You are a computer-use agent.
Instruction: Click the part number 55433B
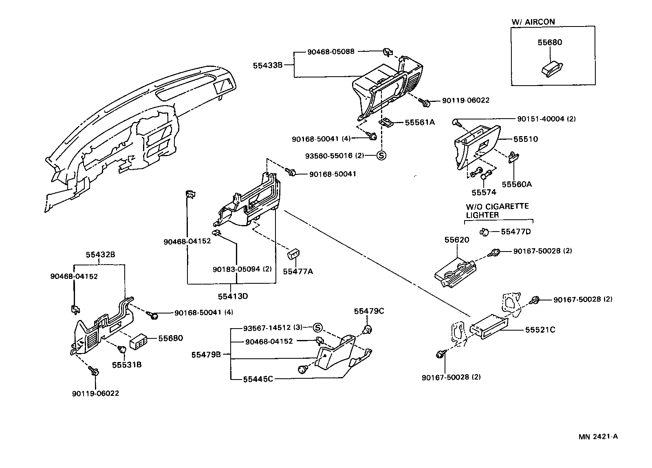[x=267, y=64]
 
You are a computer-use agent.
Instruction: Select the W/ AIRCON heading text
[x=533, y=22]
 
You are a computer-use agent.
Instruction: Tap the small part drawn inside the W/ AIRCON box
[x=553, y=68]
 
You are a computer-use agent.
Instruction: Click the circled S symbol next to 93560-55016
[x=381, y=155]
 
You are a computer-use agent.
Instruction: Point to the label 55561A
[x=420, y=122]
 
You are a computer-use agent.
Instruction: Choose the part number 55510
[x=525, y=139]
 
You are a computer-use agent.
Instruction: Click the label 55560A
[x=516, y=184]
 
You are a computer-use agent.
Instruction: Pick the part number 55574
[x=484, y=192]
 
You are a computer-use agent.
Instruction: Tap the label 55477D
[x=515, y=232]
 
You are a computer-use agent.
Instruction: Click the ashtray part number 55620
[x=456, y=240]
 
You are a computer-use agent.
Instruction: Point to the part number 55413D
[x=233, y=296]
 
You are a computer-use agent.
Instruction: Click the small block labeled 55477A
[x=293, y=254]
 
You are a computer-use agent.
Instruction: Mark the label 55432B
[x=100, y=254]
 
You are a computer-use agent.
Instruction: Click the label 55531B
[x=127, y=364]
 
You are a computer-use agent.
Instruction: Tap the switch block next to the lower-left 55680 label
[x=139, y=342]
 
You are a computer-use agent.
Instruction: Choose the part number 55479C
[x=369, y=311]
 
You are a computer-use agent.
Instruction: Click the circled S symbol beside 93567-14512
[x=318, y=328]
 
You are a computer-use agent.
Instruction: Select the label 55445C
[x=258, y=379]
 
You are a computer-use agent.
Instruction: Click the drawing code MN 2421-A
[x=598, y=437]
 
